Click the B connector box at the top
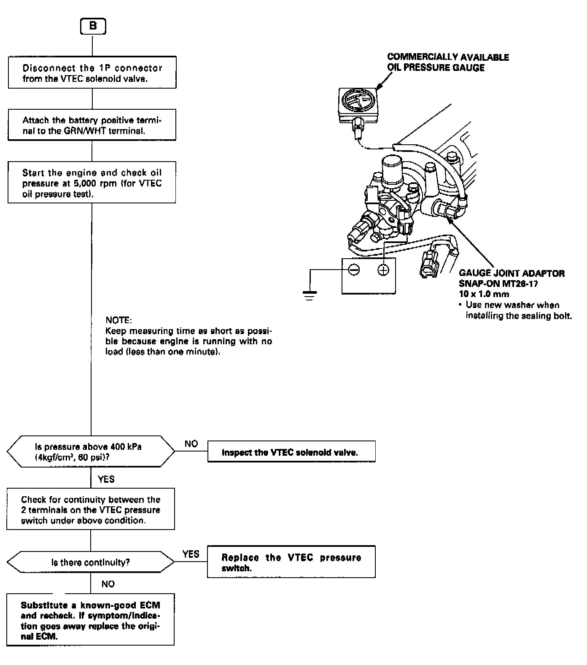[x=93, y=27]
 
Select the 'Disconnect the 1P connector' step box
[x=92, y=73]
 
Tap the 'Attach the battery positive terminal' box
[x=92, y=125]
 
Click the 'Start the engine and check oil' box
[x=92, y=183]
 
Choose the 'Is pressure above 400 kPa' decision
[x=91, y=451]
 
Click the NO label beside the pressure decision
[x=191, y=443]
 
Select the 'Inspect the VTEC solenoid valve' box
[x=291, y=452]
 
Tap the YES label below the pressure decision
[x=106, y=479]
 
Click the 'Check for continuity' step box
[x=91, y=509]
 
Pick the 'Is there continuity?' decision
[x=91, y=562]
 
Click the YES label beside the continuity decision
[x=191, y=554]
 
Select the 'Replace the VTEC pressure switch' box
[x=291, y=562]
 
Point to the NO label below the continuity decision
[x=108, y=584]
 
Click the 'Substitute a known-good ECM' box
[x=91, y=620]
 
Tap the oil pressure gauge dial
[x=358, y=101]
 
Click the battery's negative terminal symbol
[x=354, y=269]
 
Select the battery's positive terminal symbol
[x=383, y=269]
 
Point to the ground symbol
[x=310, y=295]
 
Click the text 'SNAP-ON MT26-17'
[x=498, y=284]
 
